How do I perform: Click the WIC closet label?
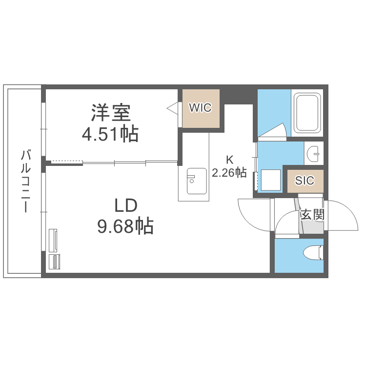pyautogui.click(x=200, y=108)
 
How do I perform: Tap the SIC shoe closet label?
pyautogui.click(x=305, y=180)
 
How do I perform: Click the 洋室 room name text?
pyautogui.click(x=110, y=113)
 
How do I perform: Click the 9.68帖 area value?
pyautogui.click(x=125, y=225)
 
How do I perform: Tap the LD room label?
pyautogui.click(x=126, y=206)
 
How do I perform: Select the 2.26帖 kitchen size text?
pyautogui.click(x=229, y=172)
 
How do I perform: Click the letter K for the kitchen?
pyautogui.click(x=229, y=159)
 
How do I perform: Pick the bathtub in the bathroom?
pyautogui.click(x=307, y=113)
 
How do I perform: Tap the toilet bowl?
pyautogui.click(x=312, y=253)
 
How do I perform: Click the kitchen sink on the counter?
pyautogui.click(x=197, y=181)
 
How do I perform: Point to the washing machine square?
pyautogui.click(x=270, y=180)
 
